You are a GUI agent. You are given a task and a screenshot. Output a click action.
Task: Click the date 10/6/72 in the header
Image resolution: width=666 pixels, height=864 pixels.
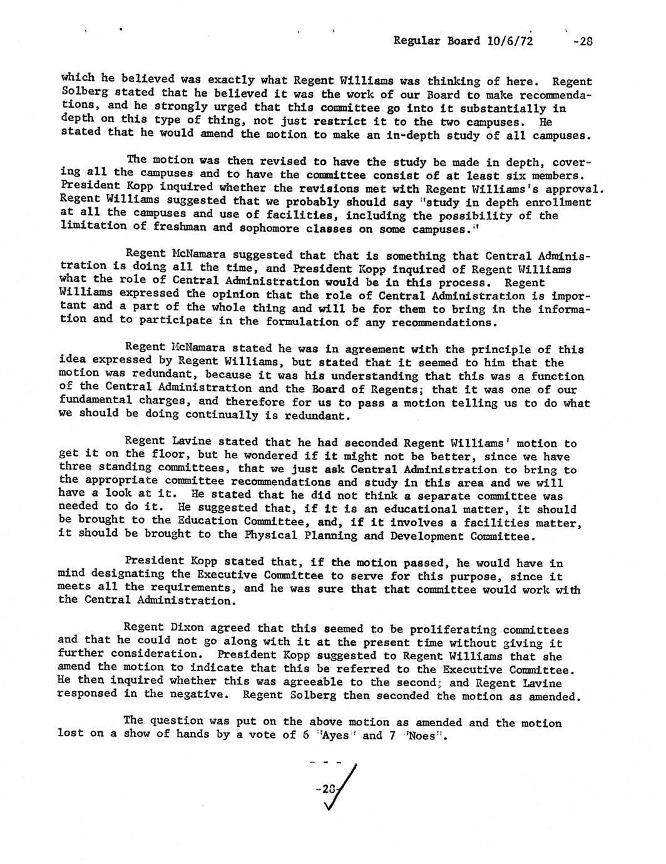tap(509, 41)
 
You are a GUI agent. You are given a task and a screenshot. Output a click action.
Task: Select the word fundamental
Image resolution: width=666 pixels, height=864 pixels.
tap(95, 401)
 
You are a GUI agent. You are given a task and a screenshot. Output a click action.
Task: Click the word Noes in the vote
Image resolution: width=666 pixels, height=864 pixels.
tap(420, 736)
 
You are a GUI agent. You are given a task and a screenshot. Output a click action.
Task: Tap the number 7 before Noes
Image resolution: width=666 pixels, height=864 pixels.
tap(391, 736)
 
